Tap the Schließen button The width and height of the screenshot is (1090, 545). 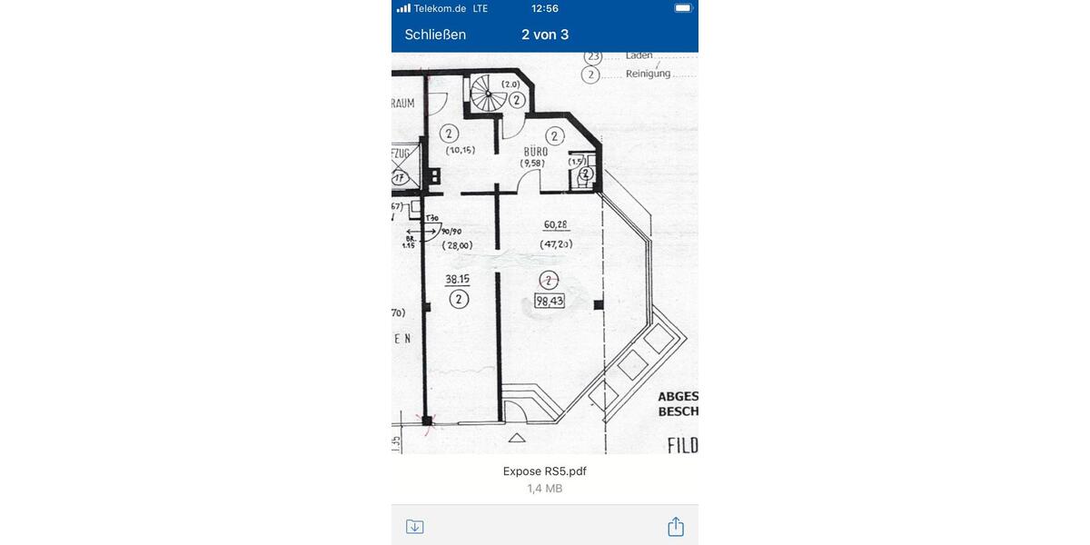point(435,35)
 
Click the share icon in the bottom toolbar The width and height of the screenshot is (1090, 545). point(675,527)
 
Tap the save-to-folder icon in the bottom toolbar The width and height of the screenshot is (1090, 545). point(415,527)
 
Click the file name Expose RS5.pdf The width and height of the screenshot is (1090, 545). point(545,471)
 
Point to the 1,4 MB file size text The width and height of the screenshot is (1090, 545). point(545,489)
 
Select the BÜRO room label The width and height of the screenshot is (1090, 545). point(535,152)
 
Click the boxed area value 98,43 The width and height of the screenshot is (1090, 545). point(550,302)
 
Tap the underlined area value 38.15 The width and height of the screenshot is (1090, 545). point(458,279)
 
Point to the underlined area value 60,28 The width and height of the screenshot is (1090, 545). point(556,224)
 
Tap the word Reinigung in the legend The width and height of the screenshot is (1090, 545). point(648,74)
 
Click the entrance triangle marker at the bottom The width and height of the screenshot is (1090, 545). point(517,438)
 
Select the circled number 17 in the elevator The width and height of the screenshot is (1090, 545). point(399,178)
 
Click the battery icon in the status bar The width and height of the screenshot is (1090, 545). point(683,8)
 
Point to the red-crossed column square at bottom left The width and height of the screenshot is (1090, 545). point(426,420)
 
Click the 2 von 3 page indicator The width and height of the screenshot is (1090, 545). point(545,35)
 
